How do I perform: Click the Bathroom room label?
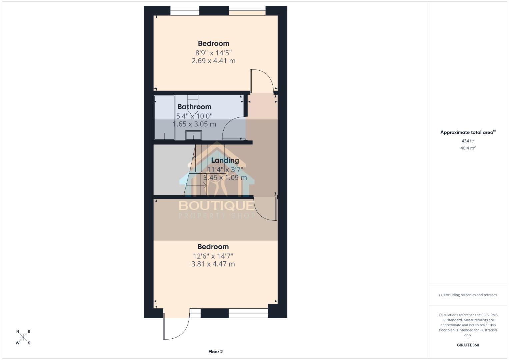194,107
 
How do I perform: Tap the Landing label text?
225,160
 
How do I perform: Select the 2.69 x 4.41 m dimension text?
213,61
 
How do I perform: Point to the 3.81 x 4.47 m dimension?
213,264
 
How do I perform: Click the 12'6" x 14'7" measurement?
213,256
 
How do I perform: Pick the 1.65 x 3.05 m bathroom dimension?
194,124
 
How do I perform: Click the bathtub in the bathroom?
164,118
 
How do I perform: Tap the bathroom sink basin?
193,136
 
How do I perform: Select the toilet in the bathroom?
193,100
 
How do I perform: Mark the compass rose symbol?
23,337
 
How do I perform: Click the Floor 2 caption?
215,352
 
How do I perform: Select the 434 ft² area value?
468,141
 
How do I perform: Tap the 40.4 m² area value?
468,148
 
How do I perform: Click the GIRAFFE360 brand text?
468,345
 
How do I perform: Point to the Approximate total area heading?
468,132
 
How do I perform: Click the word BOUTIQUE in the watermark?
217,205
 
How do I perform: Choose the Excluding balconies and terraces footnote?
468,295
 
